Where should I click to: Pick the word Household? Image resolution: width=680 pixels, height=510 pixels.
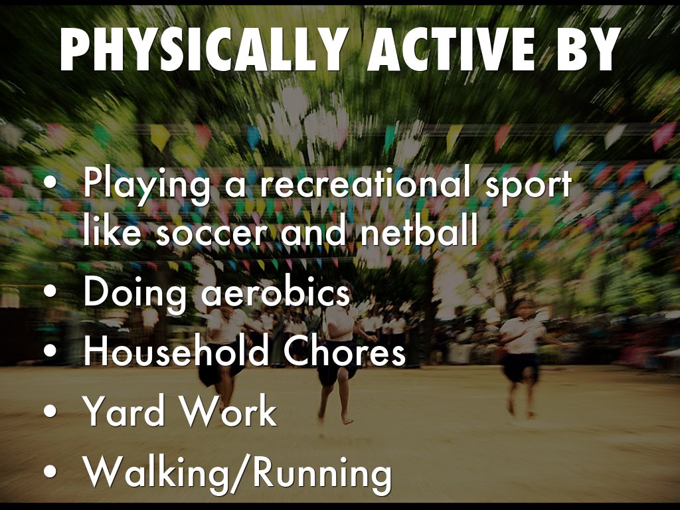(176, 352)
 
